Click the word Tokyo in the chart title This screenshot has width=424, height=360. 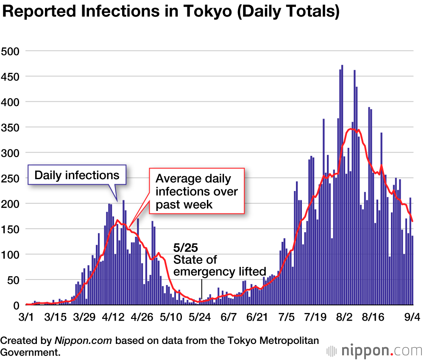201,12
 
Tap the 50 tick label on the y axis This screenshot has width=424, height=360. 14,280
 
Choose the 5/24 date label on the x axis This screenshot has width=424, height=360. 199,317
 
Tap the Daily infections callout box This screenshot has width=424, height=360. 77,175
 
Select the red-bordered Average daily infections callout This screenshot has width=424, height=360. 197,191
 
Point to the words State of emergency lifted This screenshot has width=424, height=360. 220,265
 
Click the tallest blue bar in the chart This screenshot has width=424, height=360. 342,185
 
